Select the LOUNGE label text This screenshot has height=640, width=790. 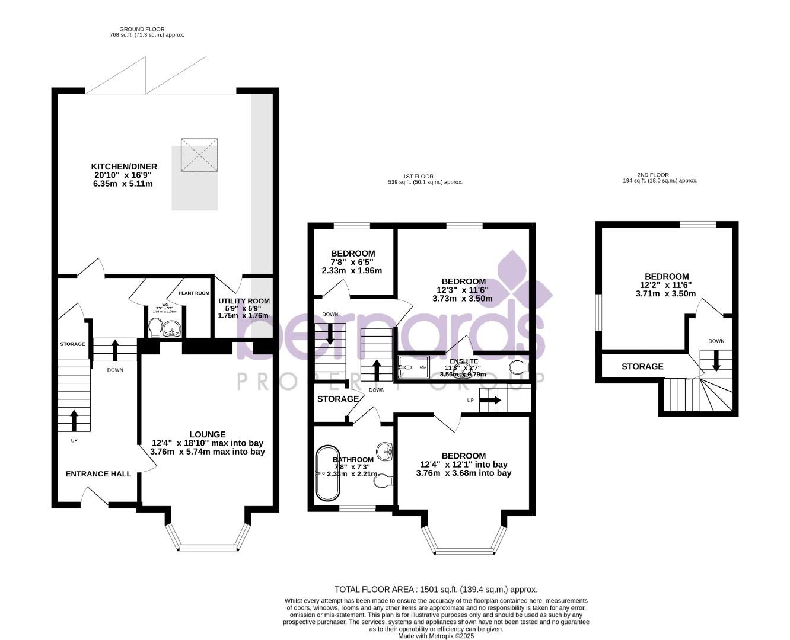208,434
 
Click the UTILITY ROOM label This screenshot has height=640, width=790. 244,301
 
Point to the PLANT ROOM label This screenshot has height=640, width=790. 194,293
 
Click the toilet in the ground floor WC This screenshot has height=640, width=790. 155,327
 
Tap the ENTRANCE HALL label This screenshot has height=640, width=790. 98,473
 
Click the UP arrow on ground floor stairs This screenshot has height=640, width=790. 74,420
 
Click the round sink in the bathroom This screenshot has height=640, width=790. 386,451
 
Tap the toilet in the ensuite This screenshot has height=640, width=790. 519,367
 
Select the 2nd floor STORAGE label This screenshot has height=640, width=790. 642,366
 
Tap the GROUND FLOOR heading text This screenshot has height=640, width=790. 142,29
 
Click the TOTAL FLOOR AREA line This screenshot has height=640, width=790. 436,589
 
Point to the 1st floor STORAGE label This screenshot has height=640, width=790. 338,399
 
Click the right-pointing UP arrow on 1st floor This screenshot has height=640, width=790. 490,400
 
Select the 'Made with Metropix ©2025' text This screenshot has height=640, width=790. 436,636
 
